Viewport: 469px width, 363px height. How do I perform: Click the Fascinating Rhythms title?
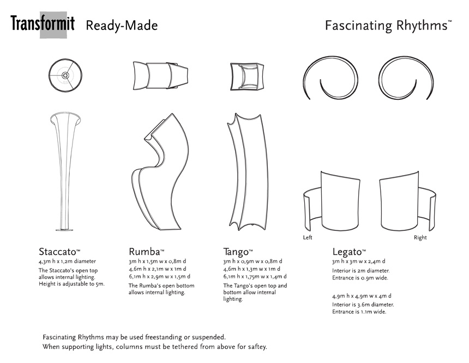pyautogui.click(x=387, y=26)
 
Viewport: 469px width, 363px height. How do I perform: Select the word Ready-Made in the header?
pyautogui.click(x=122, y=26)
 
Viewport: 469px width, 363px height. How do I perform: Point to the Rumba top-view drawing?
pyautogui.click(x=160, y=75)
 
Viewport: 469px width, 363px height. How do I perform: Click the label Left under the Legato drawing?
pyautogui.click(x=308, y=237)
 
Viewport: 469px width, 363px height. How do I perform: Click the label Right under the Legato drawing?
pyautogui.click(x=420, y=237)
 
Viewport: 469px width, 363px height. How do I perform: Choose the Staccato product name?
pyautogui.click(x=59, y=252)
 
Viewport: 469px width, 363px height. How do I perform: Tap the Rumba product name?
pyautogui.click(x=146, y=252)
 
